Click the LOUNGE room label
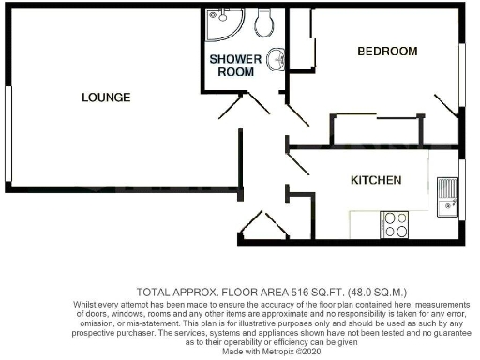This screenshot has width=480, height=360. (105, 97)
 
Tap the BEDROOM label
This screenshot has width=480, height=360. (386, 51)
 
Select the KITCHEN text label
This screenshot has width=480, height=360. (376, 180)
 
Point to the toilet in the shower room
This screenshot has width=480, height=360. (265, 20)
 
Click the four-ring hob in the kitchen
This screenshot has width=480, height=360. (394, 224)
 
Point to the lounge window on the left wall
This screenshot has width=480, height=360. (7, 133)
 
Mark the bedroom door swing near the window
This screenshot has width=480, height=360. (443, 104)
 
